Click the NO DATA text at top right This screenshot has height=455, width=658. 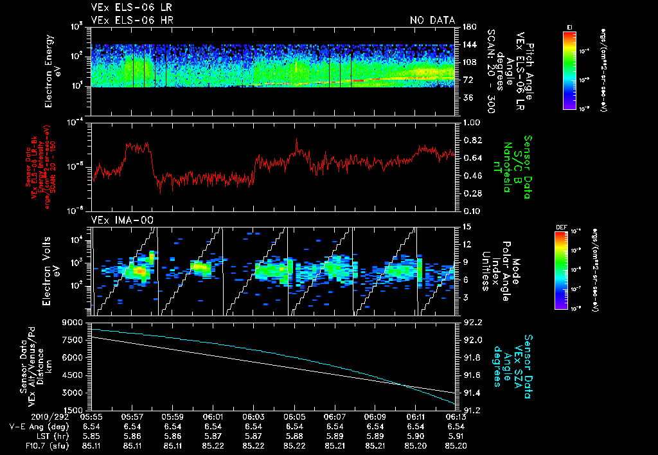tap(432, 21)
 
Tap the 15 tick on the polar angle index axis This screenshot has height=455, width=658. tap(465, 227)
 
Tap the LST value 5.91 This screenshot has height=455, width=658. tap(456, 435)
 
